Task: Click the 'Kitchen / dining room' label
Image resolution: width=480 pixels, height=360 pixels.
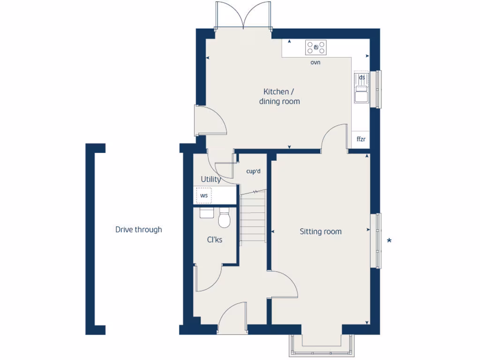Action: [x=279, y=97]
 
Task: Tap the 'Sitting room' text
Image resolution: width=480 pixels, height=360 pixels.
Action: [x=321, y=232]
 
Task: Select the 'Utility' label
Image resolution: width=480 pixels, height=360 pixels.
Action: [x=210, y=180]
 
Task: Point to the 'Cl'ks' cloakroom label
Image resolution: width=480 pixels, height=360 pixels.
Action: [x=215, y=240]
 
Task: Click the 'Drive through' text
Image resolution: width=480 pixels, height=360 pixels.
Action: [x=139, y=230]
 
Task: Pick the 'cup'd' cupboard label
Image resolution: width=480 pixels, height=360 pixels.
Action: [x=253, y=172]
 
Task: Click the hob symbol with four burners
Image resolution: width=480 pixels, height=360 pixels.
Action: [x=316, y=47]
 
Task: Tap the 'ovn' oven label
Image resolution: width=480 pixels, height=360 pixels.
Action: [x=315, y=62]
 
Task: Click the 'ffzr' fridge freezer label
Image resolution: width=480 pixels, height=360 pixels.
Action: [x=361, y=139]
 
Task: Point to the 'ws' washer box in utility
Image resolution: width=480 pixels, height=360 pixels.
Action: [x=204, y=195]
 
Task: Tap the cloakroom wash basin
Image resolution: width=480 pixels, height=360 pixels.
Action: [x=207, y=213]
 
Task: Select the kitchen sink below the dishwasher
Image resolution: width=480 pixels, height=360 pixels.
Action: [x=361, y=95]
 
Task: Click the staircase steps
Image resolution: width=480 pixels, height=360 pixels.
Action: [x=253, y=217]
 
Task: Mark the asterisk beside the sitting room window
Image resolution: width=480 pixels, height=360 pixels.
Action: [x=389, y=241]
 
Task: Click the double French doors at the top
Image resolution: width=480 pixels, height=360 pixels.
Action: [x=243, y=16]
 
